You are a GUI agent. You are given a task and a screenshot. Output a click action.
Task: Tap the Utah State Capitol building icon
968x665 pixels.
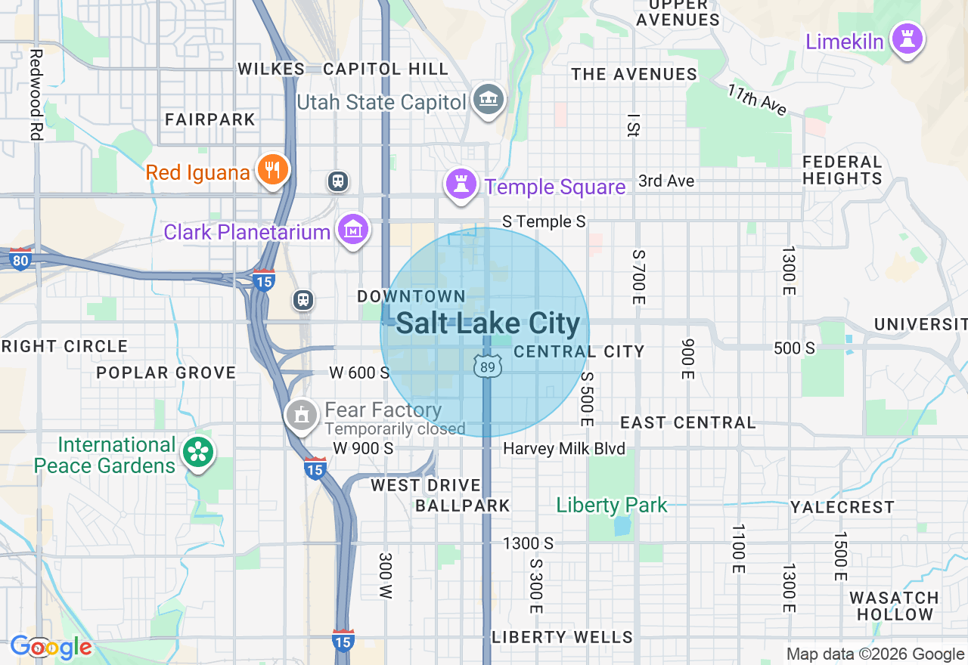(x=489, y=99)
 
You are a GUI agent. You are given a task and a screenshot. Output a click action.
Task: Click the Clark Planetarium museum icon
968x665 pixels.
(x=352, y=229)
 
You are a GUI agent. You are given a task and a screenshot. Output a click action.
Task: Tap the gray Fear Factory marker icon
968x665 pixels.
(x=302, y=415)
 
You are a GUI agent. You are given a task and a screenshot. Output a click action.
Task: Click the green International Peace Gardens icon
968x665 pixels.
(x=198, y=453)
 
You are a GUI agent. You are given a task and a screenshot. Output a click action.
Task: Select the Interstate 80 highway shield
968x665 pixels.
(x=20, y=260)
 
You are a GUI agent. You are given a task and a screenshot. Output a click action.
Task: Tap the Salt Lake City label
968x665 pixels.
(x=488, y=323)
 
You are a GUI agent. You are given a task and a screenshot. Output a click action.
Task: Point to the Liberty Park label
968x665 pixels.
(x=612, y=505)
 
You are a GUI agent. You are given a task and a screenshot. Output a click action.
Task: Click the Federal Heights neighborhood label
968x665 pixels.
(x=842, y=170)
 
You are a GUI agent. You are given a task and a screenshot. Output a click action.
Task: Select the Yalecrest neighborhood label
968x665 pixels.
(x=842, y=507)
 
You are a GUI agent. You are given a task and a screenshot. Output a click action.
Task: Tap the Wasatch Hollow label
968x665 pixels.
(x=894, y=606)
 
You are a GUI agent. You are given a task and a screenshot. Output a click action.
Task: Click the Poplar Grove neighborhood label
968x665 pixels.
(x=166, y=373)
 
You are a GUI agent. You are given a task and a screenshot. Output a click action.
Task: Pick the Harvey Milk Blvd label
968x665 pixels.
(x=564, y=449)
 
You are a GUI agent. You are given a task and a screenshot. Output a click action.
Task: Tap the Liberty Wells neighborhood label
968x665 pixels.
(x=562, y=637)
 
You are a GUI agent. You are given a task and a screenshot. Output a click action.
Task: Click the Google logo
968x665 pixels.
(x=51, y=648)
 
